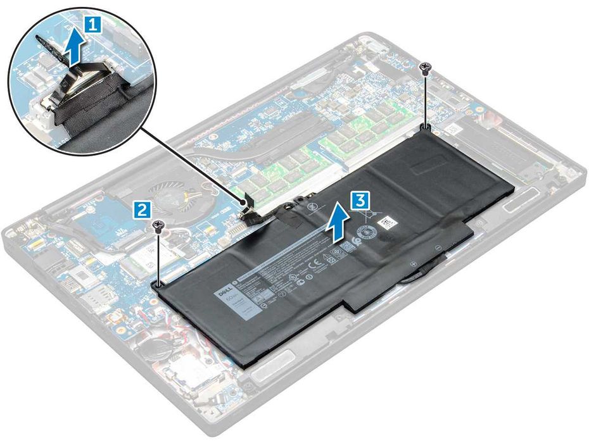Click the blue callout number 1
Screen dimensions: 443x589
pyautogui.click(x=92, y=25)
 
